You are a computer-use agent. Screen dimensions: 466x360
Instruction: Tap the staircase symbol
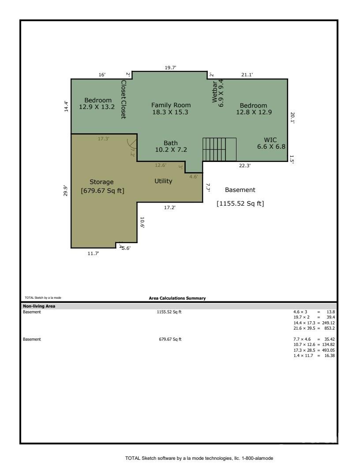coord(219,150)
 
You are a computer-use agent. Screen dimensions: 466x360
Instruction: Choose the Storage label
coord(102,182)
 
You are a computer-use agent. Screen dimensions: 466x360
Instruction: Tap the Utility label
coord(163,181)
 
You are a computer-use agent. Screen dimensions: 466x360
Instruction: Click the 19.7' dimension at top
coord(170,68)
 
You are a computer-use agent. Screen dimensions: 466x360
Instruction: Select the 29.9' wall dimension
coord(66,190)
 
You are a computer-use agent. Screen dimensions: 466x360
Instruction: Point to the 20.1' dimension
coord(292,117)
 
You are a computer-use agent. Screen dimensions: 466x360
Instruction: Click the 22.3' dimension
coord(245,165)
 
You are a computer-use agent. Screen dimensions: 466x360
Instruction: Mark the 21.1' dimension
coord(247,75)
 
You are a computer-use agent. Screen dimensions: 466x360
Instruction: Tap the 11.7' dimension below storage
coord(94,253)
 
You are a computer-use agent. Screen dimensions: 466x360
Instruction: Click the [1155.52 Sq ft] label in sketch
coord(240,204)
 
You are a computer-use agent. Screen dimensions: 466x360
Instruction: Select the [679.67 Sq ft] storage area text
coord(102,191)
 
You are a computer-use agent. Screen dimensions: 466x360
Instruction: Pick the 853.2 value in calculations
coord(329,329)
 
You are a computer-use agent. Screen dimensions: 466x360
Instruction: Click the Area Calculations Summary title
coord(177,298)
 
